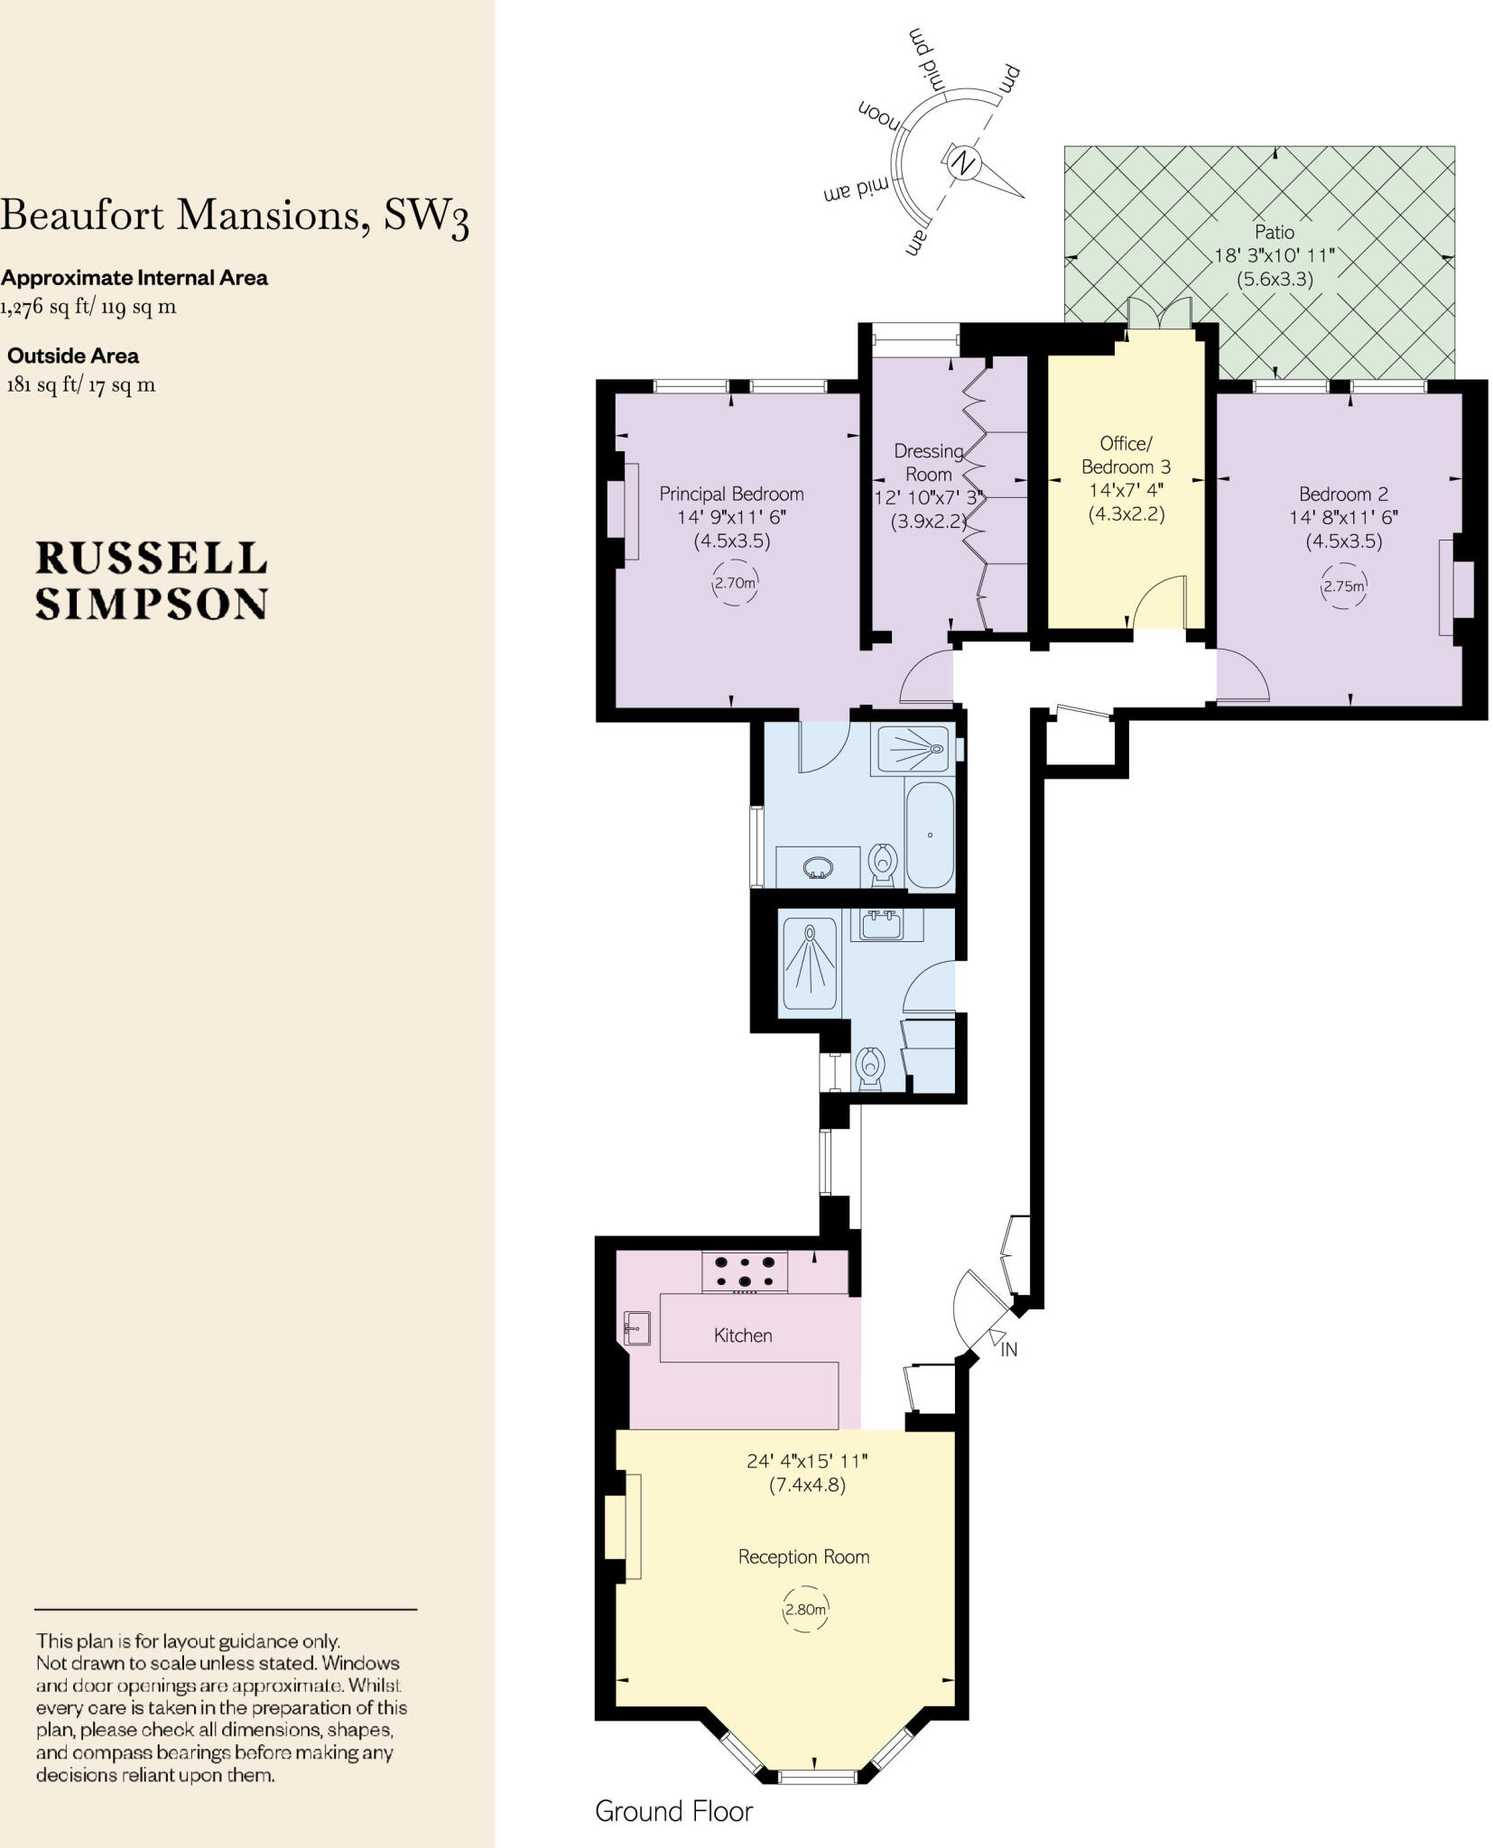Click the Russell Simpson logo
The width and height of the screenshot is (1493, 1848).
(x=151, y=581)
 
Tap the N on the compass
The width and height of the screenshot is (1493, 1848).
(x=963, y=163)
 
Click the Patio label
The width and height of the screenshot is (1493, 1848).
(x=1274, y=232)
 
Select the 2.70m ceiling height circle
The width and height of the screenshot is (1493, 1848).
(x=734, y=583)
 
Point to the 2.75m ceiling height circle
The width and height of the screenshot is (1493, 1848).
(x=1343, y=586)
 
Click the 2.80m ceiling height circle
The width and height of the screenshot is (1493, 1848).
(x=804, y=1609)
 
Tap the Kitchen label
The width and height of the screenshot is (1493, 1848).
(x=743, y=1335)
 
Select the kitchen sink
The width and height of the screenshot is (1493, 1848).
(x=636, y=1327)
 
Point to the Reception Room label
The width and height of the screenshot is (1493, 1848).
(x=803, y=1557)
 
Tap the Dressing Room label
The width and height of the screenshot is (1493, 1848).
(x=928, y=462)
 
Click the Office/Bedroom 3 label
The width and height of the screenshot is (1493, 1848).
(x=1126, y=455)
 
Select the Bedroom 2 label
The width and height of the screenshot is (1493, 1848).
(x=1343, y=494)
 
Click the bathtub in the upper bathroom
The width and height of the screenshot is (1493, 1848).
(x=929, y=835)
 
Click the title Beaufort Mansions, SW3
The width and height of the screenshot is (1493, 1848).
(x=235, y=216)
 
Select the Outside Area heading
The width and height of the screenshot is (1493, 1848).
(x=73, y=356)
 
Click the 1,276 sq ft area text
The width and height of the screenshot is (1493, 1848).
(x=88, y=306)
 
